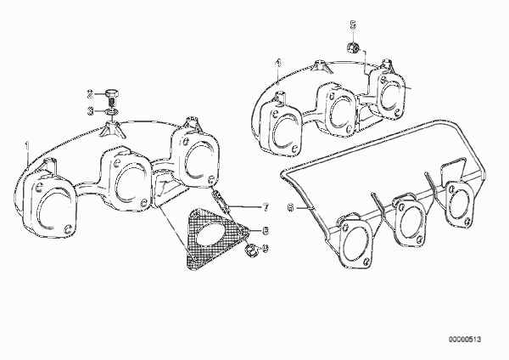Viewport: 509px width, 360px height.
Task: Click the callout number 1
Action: [27, 145]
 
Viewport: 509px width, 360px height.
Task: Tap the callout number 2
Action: [90, 94]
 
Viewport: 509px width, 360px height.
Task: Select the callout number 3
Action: [90, 111]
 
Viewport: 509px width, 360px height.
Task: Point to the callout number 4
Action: [277, 63]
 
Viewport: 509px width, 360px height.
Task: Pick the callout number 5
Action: [353, 25]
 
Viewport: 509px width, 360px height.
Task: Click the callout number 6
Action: [290, 207]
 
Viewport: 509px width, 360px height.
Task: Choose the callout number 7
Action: [266, 207]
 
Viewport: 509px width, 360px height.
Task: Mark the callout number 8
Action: [266, 231]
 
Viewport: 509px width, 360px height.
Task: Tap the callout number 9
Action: [266, 248]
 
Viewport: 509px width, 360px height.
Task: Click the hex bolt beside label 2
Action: [111, 97]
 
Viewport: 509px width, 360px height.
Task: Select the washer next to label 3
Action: [111, 112]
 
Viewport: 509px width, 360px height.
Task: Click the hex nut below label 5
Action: [353, 48]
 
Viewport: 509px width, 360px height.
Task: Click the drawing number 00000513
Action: [465, 340]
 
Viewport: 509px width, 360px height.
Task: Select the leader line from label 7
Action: [245, 206]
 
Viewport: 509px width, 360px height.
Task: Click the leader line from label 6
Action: [304, 207]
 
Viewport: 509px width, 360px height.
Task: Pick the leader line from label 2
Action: [99, 94]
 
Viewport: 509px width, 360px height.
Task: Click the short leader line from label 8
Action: [255, 231]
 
